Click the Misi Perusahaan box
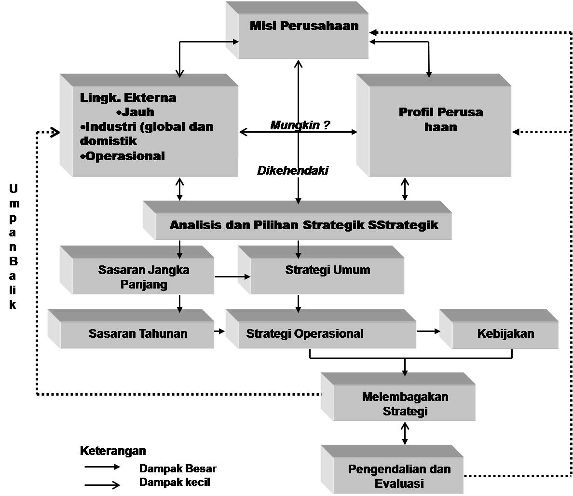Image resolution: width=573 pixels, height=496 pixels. [304, 34]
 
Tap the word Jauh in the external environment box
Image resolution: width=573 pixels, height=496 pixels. [137, 112]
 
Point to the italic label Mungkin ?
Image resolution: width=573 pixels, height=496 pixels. [300, 125]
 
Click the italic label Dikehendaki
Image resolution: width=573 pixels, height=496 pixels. [292, 170]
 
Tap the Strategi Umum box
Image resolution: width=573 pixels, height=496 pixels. [327, 270]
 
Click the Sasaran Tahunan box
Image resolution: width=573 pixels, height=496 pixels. [137, 333]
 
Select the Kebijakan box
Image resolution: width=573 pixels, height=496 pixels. [505, 333]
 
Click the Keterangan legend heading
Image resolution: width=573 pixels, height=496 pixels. [112, 451]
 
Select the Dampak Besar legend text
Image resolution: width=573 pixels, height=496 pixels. [177, 468]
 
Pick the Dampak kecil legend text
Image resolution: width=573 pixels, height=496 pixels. [174, 482]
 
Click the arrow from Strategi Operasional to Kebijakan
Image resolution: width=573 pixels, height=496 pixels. [428, 331]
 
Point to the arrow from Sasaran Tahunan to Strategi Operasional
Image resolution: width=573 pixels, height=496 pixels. [220, 331]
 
